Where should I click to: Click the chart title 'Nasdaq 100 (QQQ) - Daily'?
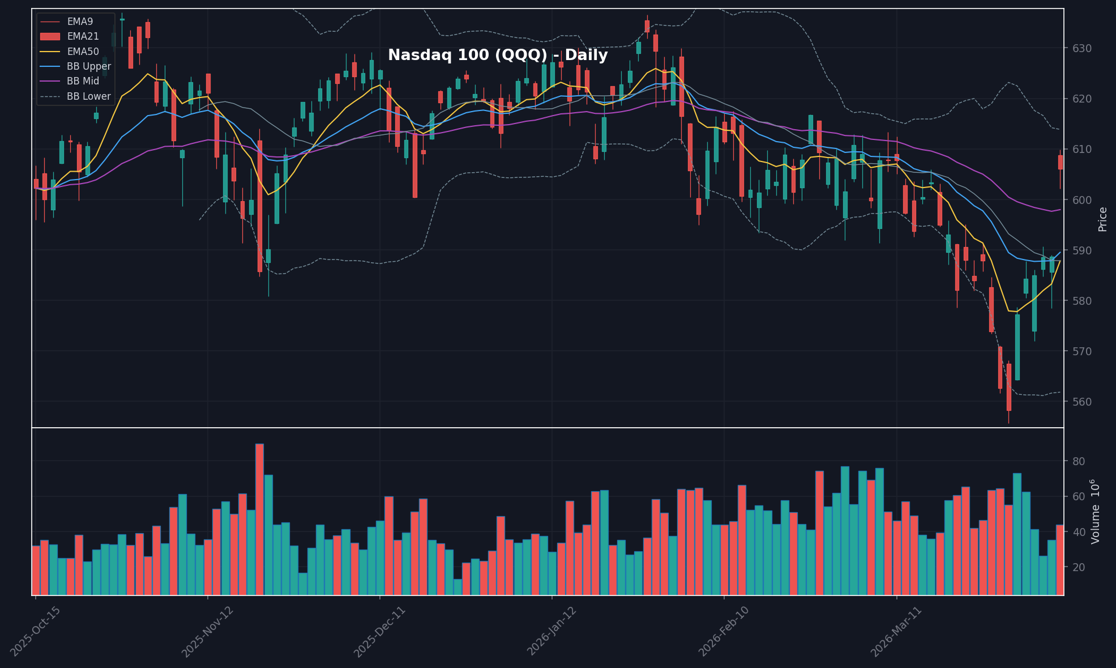pos(497,56)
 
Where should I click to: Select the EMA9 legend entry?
pos(80,22)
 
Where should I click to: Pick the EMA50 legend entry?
pos(83,52)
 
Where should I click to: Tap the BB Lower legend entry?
pos(88,96)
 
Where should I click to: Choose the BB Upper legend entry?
pos(88,66)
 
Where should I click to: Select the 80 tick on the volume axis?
pos(1079,462)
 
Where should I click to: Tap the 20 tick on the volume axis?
pos(1079,567)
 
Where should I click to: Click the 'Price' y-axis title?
pos(1102,219)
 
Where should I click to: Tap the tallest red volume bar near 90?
pos(259,519)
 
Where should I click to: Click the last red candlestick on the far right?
pos(1061,162)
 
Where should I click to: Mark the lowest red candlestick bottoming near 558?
pos(1009,387)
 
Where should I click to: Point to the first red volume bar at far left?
pos(36,570)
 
